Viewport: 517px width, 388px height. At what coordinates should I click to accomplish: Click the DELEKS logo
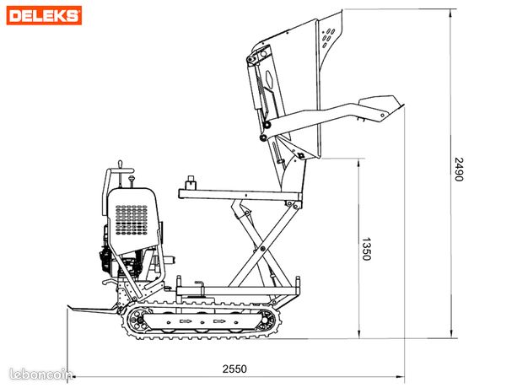coord(44,15)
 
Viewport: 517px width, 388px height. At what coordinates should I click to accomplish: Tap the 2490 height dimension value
coord(459,170)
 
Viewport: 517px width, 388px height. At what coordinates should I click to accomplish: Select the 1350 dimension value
coord(367,249)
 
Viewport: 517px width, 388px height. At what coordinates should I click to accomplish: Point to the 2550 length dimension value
coord(234,369)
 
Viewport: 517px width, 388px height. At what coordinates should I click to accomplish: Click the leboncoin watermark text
coord(40,375)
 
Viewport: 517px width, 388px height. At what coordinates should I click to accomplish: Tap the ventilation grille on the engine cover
coord(132,220)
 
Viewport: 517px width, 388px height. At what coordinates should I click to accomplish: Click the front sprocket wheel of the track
coord(267,320)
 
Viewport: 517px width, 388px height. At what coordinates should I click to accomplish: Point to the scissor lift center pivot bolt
coord(262,249)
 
